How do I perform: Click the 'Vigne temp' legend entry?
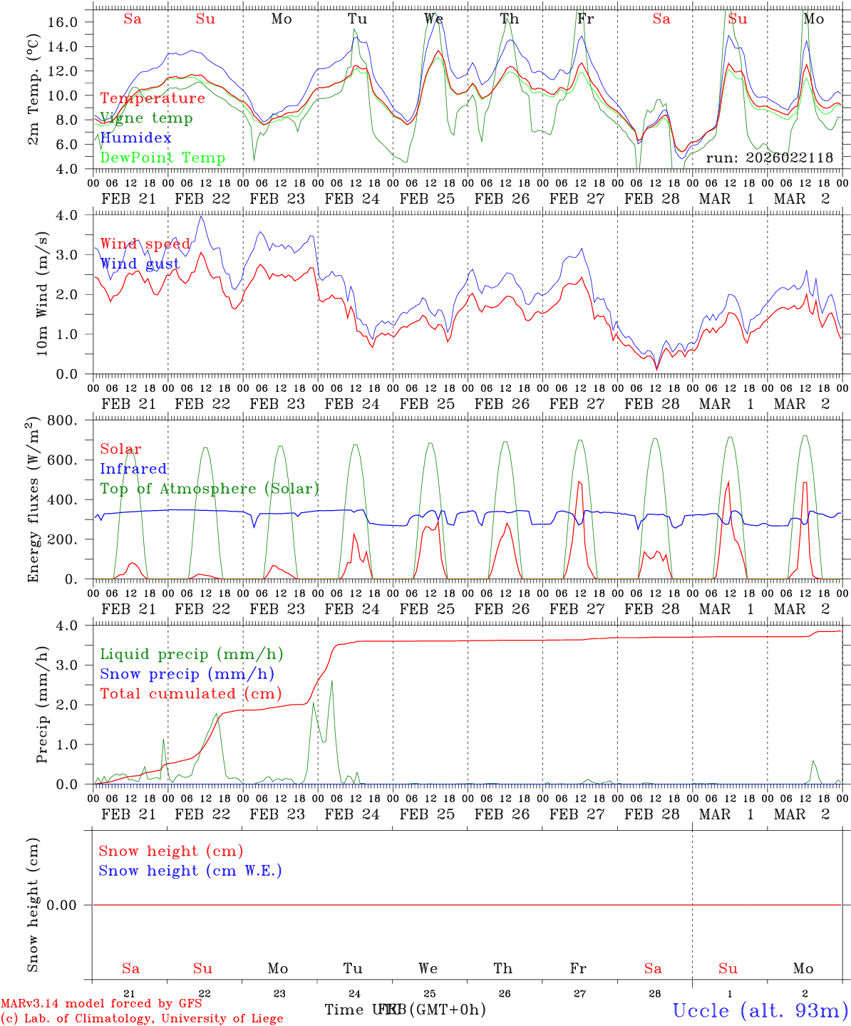(146, 118)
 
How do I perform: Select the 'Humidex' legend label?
(135, 138)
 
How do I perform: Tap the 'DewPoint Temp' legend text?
(163, 157)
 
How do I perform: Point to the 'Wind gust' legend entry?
(140, 264)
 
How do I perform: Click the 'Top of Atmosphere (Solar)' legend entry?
(210, 489)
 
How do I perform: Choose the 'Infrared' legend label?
(133, 469)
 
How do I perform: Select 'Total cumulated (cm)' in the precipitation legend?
(190, 693)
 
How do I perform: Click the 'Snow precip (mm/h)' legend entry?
(187, 674)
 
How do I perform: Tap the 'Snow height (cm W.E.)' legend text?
(190, 871)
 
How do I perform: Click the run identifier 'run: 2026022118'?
(769, 158)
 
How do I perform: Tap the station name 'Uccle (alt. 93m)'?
(760, 1010)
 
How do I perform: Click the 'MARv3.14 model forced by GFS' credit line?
(86, 1003)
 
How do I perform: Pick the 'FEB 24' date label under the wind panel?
(352, 404)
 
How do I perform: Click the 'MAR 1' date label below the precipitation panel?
(726, 814)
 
